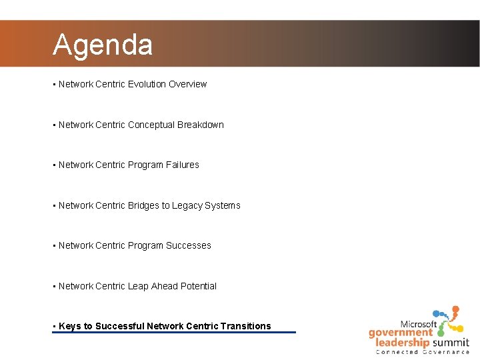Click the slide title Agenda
[103, 45]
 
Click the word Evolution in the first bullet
[147, 84]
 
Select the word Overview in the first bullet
[188, 84]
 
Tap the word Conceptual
[151, 125]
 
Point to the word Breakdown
[201, 125]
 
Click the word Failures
[183, 165]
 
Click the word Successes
[189, 245]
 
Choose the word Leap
[138, 286]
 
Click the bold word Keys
[69, 326]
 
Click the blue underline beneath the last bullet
[173, 332]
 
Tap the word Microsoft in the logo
[418, 324]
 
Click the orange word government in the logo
[401, 333]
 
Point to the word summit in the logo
[449, 343]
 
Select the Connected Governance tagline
[423, 351]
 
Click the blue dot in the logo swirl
[437, 313]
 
